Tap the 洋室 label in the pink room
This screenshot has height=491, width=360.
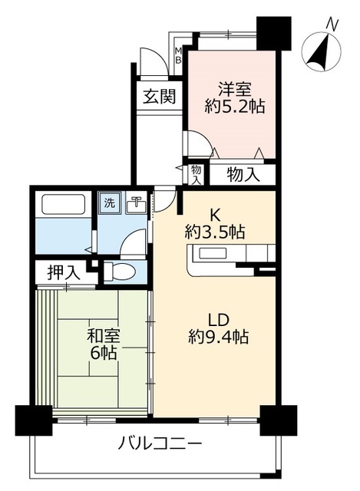click(234, 90)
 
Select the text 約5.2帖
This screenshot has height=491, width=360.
click(235, 107)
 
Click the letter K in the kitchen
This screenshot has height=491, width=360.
click(214, 215)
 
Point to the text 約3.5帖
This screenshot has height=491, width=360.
click(215, 232)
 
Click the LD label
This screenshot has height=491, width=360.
click(219, 320)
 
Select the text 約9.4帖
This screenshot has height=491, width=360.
click(219, 337)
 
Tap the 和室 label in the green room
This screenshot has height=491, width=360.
click(104, 337)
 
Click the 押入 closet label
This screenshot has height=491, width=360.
click(64, 273)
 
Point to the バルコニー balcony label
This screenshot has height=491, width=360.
click(160, 443)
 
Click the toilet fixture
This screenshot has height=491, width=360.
click(119, 271)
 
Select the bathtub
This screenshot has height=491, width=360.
click(63, 204)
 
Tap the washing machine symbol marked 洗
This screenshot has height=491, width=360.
click(110, 203)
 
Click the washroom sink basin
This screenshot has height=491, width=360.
click(136, 205)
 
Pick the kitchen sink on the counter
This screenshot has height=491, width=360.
click(212, 253)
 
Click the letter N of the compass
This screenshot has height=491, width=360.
click(332, 25)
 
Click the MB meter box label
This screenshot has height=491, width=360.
click(178, 55)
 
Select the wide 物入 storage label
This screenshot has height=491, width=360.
click(243, 174)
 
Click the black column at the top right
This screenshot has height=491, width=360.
click(274, 33)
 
